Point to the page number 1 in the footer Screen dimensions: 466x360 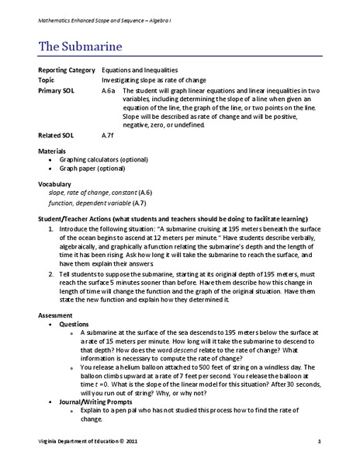pos(319,441)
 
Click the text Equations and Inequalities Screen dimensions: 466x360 pos(140,70)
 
